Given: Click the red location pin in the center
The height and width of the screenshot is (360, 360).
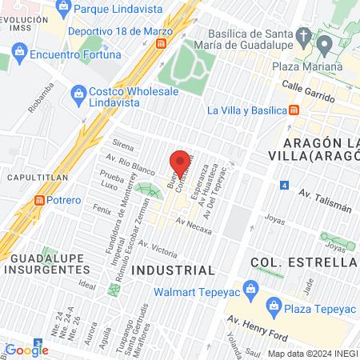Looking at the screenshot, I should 180,162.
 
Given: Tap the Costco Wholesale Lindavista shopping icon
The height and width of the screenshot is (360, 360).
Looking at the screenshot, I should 78,94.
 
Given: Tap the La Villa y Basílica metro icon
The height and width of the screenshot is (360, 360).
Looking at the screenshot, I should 294,110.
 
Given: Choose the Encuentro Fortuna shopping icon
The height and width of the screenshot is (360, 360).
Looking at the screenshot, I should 20,55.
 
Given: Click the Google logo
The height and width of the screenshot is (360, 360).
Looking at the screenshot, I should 26,350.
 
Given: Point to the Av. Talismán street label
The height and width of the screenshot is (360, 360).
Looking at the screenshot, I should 325,200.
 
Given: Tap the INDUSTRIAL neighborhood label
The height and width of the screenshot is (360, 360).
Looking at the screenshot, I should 173,270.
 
